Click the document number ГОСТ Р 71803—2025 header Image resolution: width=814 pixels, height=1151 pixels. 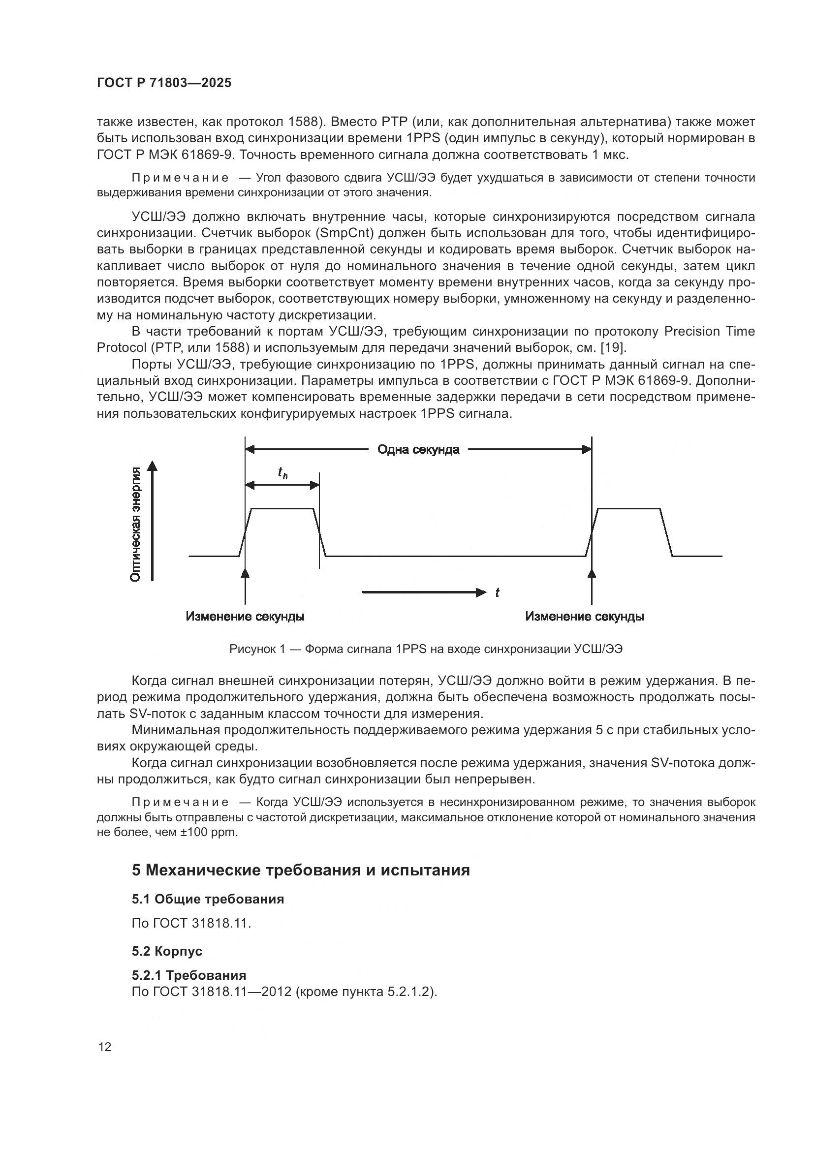[x=164, y=83]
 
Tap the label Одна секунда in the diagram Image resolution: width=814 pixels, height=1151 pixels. [x=418, y=450]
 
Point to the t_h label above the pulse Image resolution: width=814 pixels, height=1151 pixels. [x=282, y=473]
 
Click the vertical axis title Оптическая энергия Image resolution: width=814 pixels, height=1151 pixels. [x=135, y=525]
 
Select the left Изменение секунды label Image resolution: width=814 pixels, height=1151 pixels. [x=245, y=616]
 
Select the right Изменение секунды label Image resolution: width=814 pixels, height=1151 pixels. [x=585, y=616]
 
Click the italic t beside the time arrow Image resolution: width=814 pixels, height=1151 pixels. [x=497, y=593]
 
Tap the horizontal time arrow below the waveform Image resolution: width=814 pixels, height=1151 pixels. [x=424, y=593]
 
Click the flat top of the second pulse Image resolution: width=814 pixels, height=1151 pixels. [x=629, y=509]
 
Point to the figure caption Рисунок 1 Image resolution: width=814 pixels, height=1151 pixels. [x=426, y=649]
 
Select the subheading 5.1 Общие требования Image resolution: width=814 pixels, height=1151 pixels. [x=208, y=900]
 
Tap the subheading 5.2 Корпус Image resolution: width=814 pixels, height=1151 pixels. [x=167, y=951]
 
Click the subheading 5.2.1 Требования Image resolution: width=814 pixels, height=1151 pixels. [x=189, y=975]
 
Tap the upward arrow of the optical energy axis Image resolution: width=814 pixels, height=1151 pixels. [x=153, y=521]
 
